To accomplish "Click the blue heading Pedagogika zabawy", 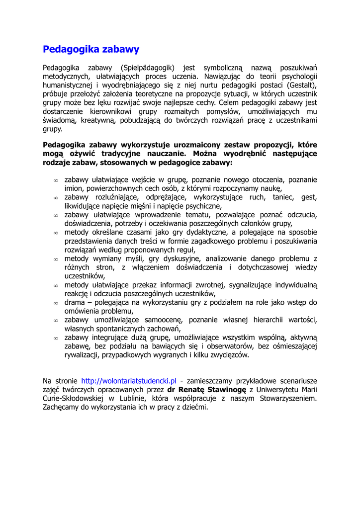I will tap(91, 49).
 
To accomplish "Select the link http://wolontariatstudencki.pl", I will tap(129, 381).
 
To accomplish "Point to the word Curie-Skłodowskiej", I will tap(74, 399).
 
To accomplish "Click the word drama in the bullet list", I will tap(75, 302).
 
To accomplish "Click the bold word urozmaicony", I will tap(186, 145).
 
